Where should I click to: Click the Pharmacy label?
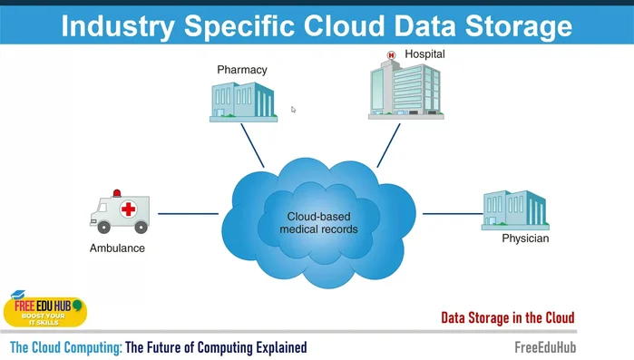click(x=242, y=69)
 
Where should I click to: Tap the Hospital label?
click(x=424, y=54)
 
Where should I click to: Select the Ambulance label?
click(x=117, y=248)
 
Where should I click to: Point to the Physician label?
click(x=525, y=239)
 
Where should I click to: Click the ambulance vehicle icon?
click(x=120, y=212)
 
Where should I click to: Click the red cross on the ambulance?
click(x=129, y=209)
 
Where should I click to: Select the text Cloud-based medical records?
click(x=318, y=223)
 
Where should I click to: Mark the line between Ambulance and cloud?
click(x=189, y=214)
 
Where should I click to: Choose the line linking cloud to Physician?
click(x=451, y=214)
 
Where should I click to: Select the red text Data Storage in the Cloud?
click(x=507, y=317)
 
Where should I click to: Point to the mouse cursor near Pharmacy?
click(x=293, y=110)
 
